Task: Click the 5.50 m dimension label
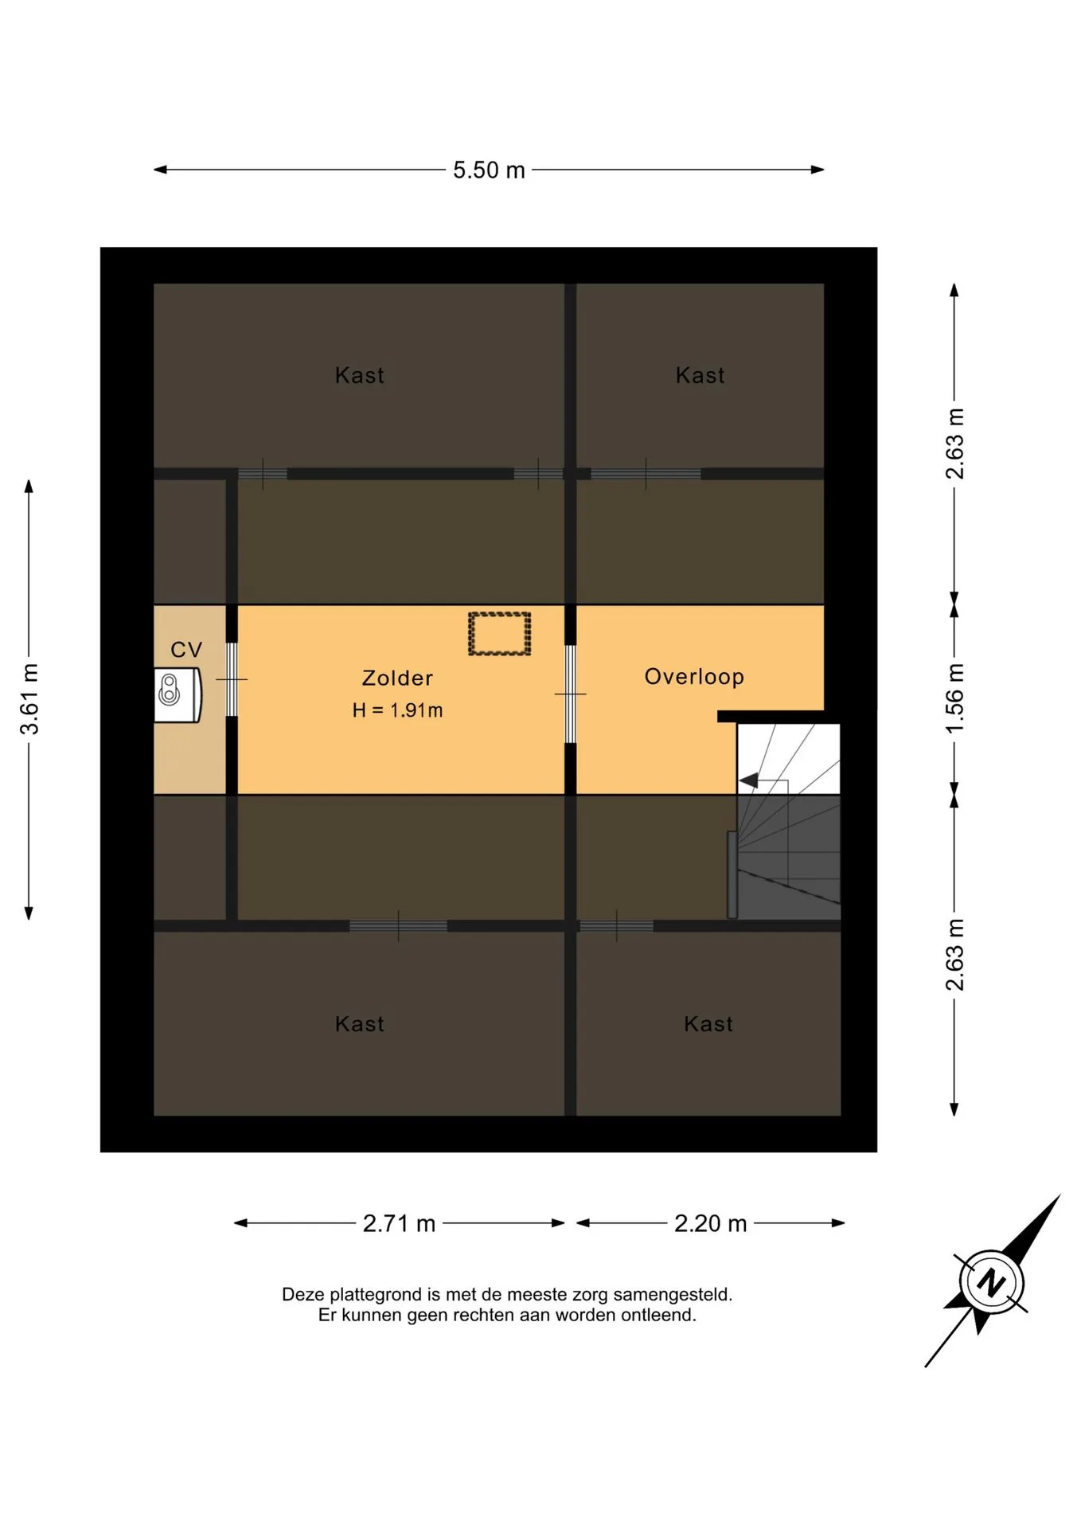489,170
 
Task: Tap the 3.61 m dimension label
29,698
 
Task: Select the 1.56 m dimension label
954,698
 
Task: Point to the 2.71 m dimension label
399,1223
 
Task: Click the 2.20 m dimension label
710,1223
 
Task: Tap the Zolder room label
397,678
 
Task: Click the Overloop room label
694,677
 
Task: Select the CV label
186,650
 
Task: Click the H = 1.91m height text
397,710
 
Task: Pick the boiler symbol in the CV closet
178,695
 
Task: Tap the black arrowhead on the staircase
748,781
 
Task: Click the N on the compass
991,1283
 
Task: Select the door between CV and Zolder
232,679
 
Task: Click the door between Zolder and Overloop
570,694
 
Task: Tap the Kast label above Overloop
700,376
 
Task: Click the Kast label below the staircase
708,1024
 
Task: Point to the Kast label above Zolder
359,376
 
